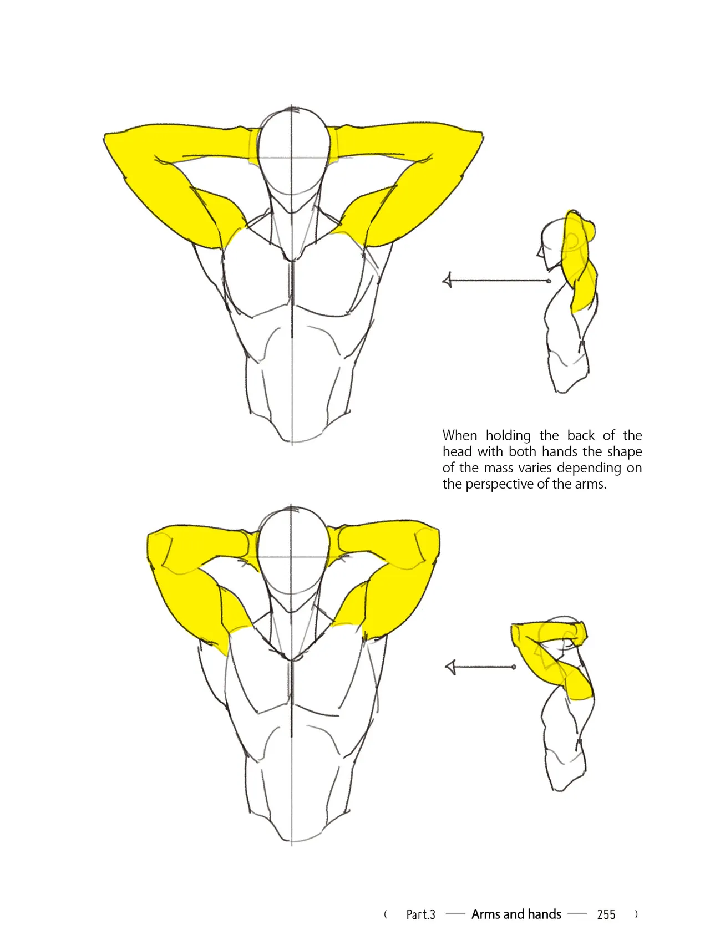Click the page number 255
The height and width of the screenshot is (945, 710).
606,914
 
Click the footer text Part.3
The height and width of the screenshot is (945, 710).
420,914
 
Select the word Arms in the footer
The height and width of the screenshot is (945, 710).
485,914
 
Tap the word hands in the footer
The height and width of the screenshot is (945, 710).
544,914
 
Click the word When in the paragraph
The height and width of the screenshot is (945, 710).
459,435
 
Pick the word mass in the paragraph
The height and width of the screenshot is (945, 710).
499,468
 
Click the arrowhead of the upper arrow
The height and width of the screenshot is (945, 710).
448,281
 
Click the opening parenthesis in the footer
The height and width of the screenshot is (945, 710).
386,914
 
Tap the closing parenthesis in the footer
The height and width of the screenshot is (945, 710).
636,914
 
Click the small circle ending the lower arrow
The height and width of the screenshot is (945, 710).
514,667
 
